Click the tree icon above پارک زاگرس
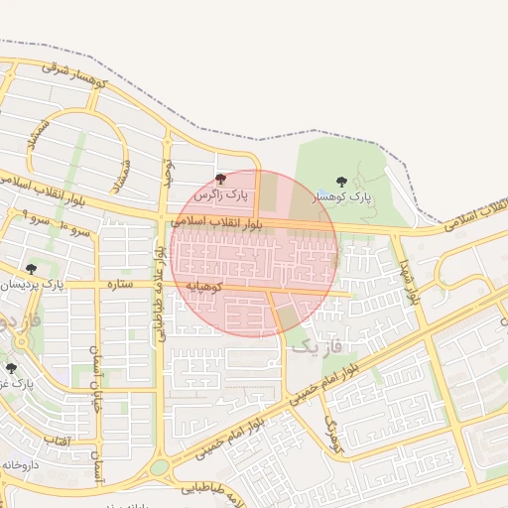point(220,180)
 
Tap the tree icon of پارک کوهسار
point(341,183)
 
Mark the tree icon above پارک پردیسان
point(31,269)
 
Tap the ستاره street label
point(120,285)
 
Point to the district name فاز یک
point(317,345)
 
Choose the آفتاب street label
point(57,438)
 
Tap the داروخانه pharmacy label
point(20,463)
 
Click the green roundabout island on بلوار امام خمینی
point(160,466)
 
